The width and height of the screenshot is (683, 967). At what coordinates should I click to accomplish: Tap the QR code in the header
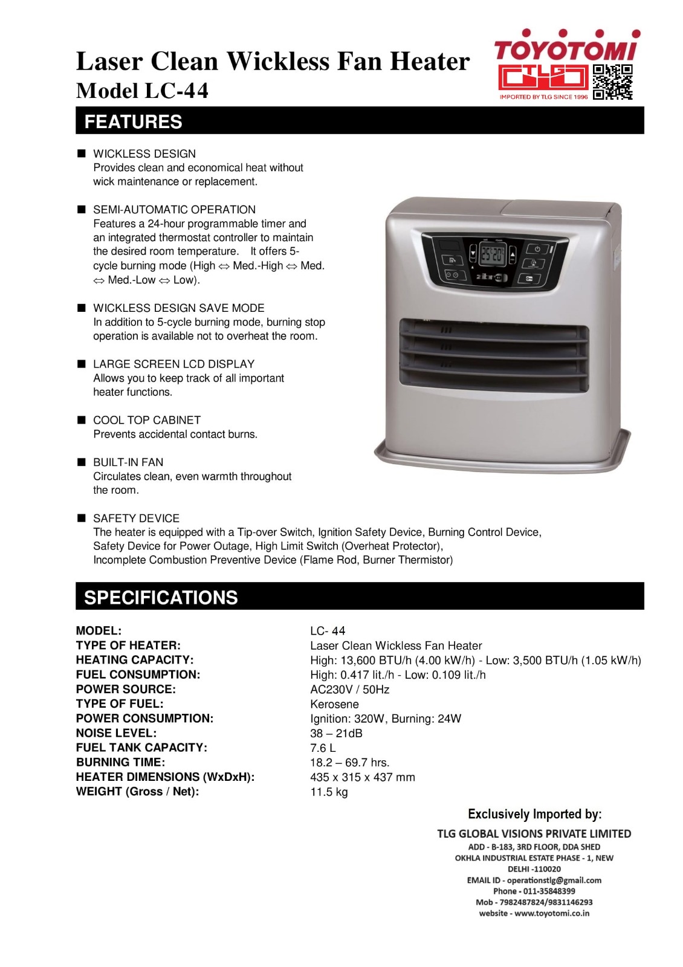click(612, 82)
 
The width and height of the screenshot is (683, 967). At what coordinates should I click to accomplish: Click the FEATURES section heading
click(133, 121)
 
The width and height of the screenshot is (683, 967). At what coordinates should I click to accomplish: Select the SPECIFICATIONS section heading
click(161, 597)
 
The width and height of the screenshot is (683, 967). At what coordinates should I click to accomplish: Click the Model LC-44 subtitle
click(142, 91)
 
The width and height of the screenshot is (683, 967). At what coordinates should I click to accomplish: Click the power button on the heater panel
click(537, 248)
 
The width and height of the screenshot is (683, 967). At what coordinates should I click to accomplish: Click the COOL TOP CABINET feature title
click(146, 420)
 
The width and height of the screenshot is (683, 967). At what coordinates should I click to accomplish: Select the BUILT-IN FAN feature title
click(128, 462)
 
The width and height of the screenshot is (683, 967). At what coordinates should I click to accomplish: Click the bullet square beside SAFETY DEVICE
click(81, 518)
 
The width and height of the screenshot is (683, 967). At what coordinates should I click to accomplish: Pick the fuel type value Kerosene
click(334, 704)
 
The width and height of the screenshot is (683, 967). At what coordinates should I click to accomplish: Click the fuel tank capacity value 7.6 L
click(323, 748)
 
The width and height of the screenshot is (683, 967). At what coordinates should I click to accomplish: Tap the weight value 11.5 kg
click(329, 792)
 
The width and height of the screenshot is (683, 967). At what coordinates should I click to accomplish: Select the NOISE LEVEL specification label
click(116, 733)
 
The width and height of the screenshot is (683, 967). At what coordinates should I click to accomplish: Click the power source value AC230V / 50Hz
click(349, 690)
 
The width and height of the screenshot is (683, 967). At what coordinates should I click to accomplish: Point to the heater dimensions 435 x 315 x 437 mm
click(362, 777)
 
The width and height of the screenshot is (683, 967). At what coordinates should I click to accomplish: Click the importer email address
click(554, 880)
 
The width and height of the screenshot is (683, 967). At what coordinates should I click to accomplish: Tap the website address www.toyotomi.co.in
click(551, 913)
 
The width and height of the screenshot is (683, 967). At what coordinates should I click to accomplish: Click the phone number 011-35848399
click(546, 891)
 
